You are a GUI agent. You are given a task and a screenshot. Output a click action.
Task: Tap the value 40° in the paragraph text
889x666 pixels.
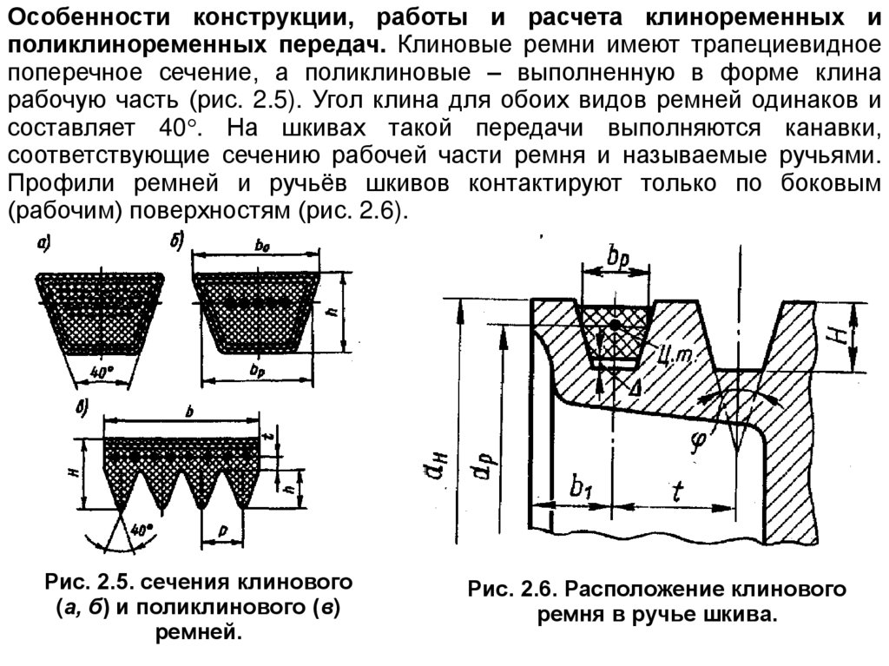[176, 129]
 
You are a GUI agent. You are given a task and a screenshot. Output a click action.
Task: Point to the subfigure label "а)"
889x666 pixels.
[44, 245]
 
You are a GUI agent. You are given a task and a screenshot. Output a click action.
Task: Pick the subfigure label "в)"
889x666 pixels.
[81, 408]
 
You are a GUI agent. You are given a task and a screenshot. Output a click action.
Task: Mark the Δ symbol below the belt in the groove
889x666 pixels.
[635, 386]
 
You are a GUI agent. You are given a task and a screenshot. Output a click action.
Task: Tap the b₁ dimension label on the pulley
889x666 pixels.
[581, 487]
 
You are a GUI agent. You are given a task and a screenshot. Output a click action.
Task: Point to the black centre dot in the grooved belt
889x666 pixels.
[615, 325]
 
